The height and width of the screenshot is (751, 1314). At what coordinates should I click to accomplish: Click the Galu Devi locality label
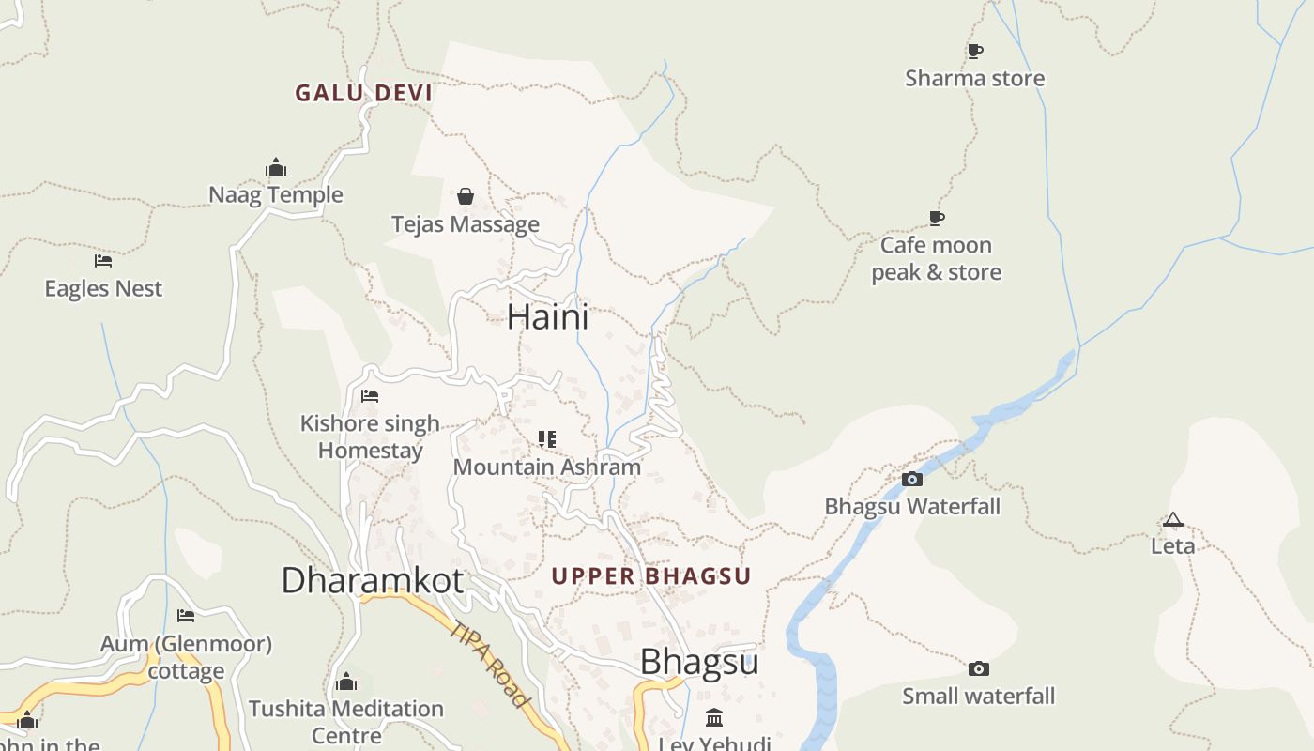(x=363, y=93)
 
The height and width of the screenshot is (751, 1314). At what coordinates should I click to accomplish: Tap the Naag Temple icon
(x=276, y=168)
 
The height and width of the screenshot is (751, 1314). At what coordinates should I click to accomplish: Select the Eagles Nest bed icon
(x=103, y=261)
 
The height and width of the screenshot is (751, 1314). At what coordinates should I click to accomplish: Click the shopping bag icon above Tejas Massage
(x=465, y=196)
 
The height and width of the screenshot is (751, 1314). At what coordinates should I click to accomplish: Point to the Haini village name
(x=548, y=316)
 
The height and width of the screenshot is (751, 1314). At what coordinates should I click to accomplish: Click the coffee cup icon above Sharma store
(x=974, y=51)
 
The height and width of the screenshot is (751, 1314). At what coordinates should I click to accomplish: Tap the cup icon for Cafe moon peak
(x=936, y=219)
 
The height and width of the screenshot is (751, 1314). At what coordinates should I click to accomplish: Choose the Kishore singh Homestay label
(x=370, y=437)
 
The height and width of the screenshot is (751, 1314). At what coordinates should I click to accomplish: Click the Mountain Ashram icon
(x=547, y=439)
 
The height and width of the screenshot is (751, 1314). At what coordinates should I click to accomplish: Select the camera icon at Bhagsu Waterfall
(x=911, y=480)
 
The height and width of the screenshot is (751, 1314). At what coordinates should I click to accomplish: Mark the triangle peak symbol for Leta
(x=1172, y=520)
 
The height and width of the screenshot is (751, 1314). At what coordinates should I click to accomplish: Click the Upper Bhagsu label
(x=651, y=576)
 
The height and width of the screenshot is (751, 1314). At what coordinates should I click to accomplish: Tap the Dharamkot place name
(x=372, y=580)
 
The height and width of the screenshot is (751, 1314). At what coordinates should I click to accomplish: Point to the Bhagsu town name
(x=699, y=662)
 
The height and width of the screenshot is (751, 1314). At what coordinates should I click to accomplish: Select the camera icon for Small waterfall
(x=978, y=669)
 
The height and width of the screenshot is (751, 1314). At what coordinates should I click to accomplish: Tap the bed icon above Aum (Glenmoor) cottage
(x=186, y=616)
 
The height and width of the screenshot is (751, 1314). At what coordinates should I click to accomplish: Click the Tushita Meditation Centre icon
(x=346, y=682)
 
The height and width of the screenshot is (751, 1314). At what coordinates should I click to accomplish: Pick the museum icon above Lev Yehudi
(x=714, y=718)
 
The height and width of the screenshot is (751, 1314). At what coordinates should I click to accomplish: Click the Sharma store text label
(x=974, y=78)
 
